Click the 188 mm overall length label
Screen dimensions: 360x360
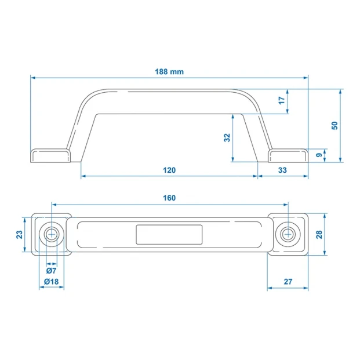pos(169,72)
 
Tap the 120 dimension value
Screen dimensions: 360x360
pos(169,170)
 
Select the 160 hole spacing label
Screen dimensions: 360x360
pos(169,198)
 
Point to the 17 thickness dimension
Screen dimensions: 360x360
pos(282,100)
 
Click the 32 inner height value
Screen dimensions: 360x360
pos(227,137)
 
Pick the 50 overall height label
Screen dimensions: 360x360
pos(334,126)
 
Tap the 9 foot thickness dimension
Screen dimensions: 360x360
pos(319,155)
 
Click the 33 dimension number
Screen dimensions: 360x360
pos(282,170)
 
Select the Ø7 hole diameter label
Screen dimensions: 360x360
pos(51,271)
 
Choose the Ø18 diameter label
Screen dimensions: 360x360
pos(51,282)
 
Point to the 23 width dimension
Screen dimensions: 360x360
pos(20,235)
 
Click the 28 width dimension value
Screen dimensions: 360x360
pos(319,235)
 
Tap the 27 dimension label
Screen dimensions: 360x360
pos(288,282)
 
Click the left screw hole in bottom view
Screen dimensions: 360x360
pos(52,234)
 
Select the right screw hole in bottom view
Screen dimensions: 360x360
pos(288,234)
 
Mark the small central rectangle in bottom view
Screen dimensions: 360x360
pos(169,235)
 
